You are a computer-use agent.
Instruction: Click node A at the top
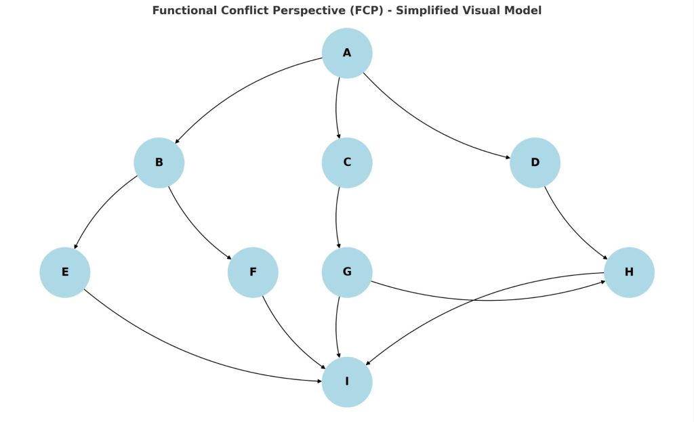347,53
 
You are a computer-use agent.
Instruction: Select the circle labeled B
159,163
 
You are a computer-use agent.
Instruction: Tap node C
347,163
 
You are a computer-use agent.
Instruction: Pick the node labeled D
535,163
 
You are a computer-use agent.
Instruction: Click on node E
65,272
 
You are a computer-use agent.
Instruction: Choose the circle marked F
253,272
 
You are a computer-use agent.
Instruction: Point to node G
347,272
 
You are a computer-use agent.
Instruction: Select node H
629,272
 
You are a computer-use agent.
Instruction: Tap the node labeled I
347,381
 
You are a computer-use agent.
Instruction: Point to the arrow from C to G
336,217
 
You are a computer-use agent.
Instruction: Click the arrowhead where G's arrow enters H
601,281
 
